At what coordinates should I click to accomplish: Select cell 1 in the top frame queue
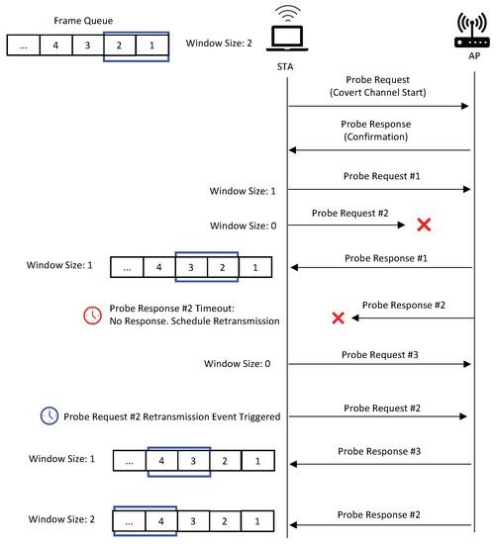[152, 45]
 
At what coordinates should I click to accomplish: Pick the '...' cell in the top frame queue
[25, 45]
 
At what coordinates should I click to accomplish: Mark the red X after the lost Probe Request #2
[423, 226]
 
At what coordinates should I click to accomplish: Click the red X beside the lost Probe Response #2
[337, 318]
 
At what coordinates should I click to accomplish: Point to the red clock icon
[92, 315]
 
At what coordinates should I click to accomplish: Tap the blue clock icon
[50, 416]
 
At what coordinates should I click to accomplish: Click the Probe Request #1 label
[381, 175]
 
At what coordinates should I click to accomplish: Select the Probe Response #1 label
[381, 257]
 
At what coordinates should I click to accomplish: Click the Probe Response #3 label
[381, 451]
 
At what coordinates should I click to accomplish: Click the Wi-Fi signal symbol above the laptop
[287, 14]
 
